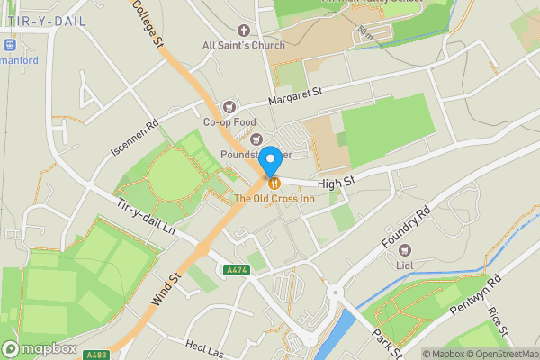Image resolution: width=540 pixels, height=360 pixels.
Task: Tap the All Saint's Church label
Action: tap(243, 45)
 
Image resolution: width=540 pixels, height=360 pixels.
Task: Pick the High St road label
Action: tap(337, 182)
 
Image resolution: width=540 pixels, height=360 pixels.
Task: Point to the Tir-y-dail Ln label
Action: tap(145, 216)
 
